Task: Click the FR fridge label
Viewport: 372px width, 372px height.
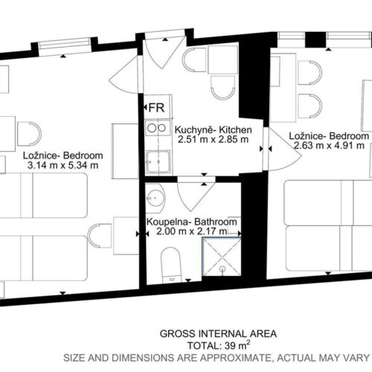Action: tap(156, 108)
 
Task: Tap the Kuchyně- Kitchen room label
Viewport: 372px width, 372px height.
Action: tap(213, 129)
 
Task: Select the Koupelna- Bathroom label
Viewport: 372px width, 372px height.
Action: tap(191, 222)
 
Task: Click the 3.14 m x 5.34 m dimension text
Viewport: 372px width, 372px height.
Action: tap(62, 165)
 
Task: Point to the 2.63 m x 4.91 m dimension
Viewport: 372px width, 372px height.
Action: tap(329, 145)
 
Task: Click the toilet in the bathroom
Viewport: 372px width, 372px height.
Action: tap(170, 266)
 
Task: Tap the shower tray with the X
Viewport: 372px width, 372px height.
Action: tap(222, 257)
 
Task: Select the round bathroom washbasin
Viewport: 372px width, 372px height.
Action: tap(155, 198)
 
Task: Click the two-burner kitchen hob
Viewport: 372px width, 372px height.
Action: tap(157, 127)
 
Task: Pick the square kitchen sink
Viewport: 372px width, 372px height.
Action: tap(158, 161)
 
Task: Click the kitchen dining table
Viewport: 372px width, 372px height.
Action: tap(223, 60)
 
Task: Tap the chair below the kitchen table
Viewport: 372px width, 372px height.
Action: tap(223, 88)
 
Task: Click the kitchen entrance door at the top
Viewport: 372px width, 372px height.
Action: tap(164, 50)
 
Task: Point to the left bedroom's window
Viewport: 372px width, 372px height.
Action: tap(65, 46)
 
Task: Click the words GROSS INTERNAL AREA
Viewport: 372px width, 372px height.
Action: tap(218, 334)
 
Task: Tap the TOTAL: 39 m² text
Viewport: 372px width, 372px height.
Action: tap(219, 345)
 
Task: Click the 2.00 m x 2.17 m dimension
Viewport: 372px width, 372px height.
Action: tap(191, 231)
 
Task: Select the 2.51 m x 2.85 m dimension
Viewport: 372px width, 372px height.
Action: tap(213, 139)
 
